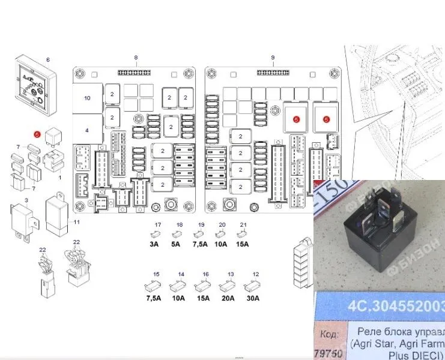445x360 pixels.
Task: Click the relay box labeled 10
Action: (87, 97)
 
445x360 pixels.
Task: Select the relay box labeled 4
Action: (87, 130)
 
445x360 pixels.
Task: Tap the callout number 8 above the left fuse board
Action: (136, 58)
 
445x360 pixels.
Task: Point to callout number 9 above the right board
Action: (273, 58)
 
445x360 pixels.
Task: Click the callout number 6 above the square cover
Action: (48, 59)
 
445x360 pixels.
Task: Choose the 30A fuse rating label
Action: (253, 298)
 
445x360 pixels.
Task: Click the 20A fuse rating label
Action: (228, 298)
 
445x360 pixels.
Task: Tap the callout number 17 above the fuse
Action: (158, 225)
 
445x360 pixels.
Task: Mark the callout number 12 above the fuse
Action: (256, 274)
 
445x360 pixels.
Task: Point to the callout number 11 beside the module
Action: (76, 223)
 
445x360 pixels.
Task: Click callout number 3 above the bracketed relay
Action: (26, 199)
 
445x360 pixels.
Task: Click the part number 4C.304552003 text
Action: (397, 308)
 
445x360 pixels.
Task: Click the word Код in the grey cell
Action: (330, 333)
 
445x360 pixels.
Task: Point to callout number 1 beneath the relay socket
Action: (59, 178)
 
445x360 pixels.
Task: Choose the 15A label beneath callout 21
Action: (243, 245)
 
